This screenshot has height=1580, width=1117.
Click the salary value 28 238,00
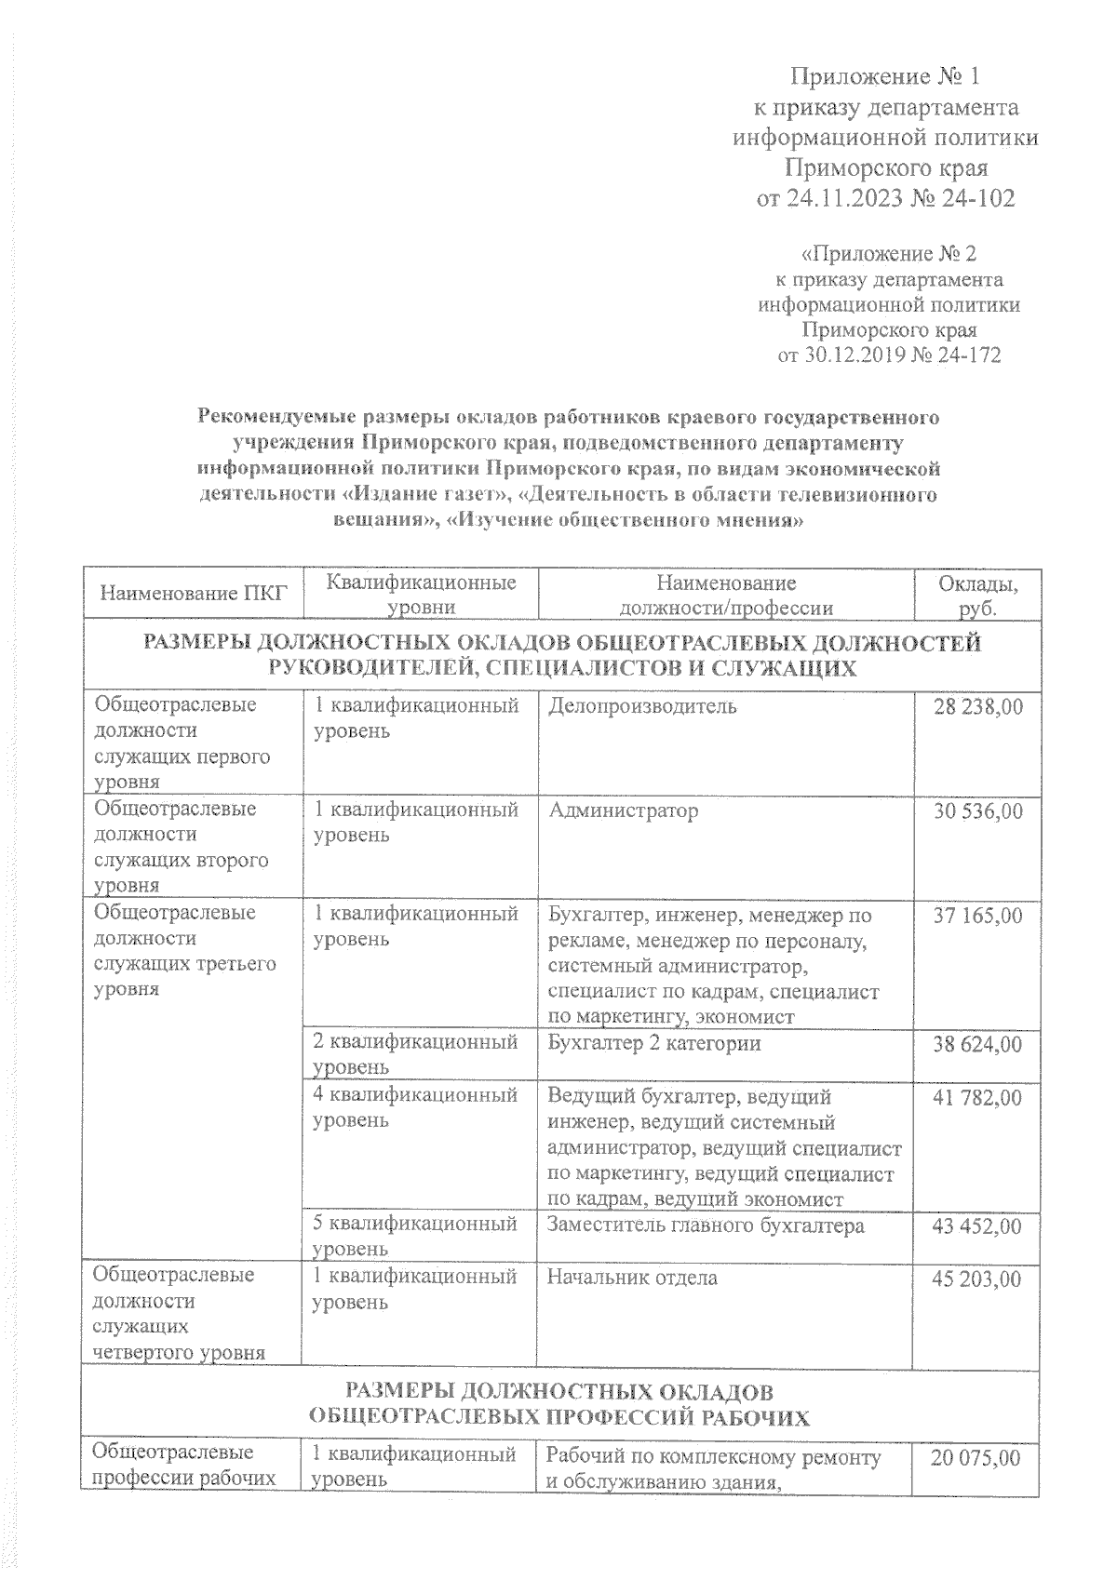(x=977, y=706)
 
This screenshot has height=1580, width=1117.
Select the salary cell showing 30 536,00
(x=977, y=810)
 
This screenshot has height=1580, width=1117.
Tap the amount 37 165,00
(x=977, y=916)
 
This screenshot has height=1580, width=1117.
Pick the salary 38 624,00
(x=977, y=1044)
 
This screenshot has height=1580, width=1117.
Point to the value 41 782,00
(x=977, y=1098)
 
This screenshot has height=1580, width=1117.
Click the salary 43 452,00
(x=977, y=1225)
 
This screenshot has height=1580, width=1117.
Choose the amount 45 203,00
(x=977, y=1279)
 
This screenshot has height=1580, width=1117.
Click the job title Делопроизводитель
(x=642, y=706)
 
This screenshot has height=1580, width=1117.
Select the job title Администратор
(x=623, y=810)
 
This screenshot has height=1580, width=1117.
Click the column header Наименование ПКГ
(x=193, y=594)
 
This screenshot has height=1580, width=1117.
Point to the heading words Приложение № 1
(x=885, y=75)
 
